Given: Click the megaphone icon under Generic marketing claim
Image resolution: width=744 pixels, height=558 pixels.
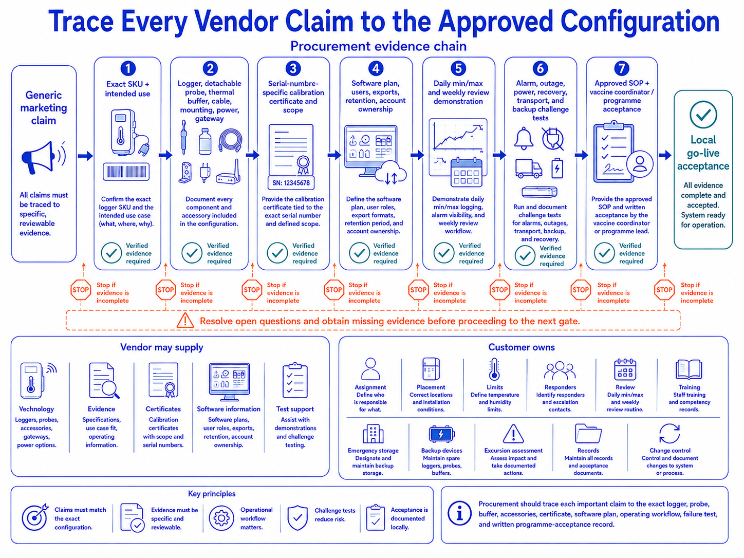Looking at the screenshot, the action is pyautogui.click(x=43, y=157).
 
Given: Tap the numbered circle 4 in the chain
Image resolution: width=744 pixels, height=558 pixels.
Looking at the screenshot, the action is pyautogui.click(x=376, y=68).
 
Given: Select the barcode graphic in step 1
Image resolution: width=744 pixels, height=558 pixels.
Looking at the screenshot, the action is pyautogui.click(x=126, y=172).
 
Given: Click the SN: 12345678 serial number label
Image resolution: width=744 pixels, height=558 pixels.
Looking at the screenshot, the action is pyautogui.click(x=291, y=183).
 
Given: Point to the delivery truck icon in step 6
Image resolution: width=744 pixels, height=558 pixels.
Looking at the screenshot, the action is pyautogui.click(x=528, y=169).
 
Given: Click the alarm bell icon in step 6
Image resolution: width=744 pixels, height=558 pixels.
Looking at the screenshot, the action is pyautogui.click(x=524, y=138).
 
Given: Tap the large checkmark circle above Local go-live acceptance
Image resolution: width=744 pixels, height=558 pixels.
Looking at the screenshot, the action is pyautogui.click(x=703, y=115).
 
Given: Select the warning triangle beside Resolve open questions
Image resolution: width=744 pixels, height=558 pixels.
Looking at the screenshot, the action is pyautogui.click(x=185, y=321).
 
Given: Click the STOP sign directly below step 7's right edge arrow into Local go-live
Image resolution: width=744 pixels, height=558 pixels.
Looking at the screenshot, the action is pyautogui.click(x=664, y=290).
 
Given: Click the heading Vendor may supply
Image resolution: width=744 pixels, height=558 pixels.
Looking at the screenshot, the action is pyautogui.click(x=162, y=347).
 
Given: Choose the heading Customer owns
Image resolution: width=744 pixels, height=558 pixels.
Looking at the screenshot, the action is pyautogui.click(x=522, y=347).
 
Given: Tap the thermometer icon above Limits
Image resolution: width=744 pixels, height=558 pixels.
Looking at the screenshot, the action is pyautogui.click(x=494, y=369).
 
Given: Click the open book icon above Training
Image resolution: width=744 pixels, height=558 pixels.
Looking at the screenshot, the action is pyautogui.click(x=689, y=369).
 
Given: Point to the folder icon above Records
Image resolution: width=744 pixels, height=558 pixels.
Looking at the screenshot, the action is pyautogui.click(x=588, y=433).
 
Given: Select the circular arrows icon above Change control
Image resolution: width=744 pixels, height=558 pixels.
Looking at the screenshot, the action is pyautogui.click(x=669, y=434).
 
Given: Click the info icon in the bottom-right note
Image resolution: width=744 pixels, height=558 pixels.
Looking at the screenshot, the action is pyautogui.click(x=459, y=513).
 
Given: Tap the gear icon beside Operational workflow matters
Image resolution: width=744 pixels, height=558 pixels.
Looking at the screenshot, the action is pyautogui.click(x=221, y=518).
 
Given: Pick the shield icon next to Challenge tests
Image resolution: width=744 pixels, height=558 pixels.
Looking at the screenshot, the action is pyautogui.click(x=297, y=518).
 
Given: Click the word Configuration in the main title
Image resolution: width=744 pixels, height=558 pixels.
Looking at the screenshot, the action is pyautogui.click(x=640, y=21).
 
